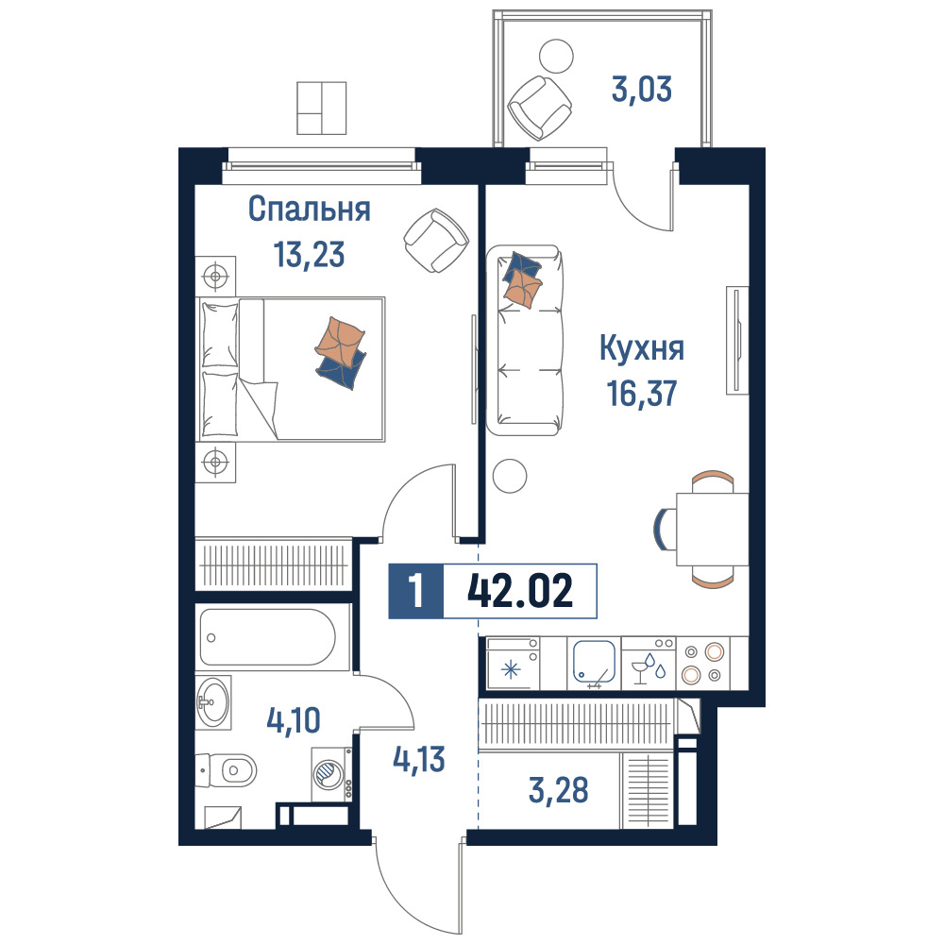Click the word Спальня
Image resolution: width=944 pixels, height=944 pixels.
click(309, 210)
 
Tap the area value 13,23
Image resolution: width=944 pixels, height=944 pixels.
click(309, 254)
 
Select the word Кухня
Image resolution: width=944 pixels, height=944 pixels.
click(642, 348)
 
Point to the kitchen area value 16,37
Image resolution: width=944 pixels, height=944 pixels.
click(642, 393)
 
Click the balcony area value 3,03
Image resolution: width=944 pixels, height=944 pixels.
click(642, 89)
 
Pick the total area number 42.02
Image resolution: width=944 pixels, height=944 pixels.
click(520, 591)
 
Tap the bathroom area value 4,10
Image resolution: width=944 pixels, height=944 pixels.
click(294, 720)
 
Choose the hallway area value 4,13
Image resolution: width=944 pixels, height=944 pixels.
click(419, 759)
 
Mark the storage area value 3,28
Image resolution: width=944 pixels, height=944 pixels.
click(558, 790)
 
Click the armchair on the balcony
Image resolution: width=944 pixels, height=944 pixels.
click(539, 109)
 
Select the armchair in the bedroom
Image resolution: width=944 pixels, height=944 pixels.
click(436, 240)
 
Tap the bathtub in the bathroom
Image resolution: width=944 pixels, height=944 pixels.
click(267, 638)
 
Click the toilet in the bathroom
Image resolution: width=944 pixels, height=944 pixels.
click(227, 770)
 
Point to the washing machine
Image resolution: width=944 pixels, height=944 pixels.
click(331, 774)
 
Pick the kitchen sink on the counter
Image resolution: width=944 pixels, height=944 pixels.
click(594, 663)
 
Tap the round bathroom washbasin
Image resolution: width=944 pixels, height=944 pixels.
click(213, 702)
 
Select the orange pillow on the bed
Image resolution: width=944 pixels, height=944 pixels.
click(340, 342)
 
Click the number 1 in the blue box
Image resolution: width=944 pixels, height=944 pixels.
click(416, 591)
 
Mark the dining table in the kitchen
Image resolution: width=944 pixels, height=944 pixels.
click(712, 530)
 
